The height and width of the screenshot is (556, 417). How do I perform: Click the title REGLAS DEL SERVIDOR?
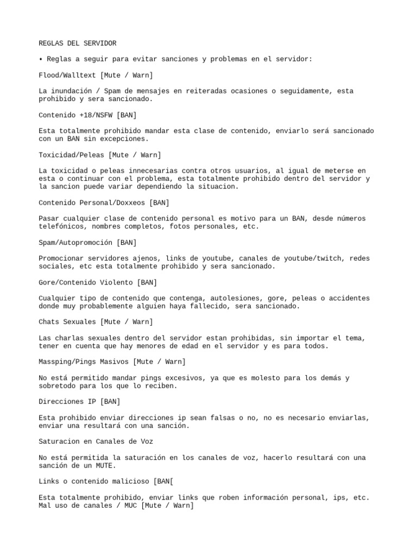click(78, 43)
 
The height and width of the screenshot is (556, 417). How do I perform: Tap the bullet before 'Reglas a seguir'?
click(41, 59)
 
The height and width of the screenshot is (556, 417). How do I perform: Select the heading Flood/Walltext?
click(67, 75)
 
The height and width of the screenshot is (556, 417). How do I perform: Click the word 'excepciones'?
click(123, 139)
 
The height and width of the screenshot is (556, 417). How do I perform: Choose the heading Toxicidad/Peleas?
click(72, 155)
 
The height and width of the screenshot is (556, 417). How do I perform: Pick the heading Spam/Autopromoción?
click(75, 243)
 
